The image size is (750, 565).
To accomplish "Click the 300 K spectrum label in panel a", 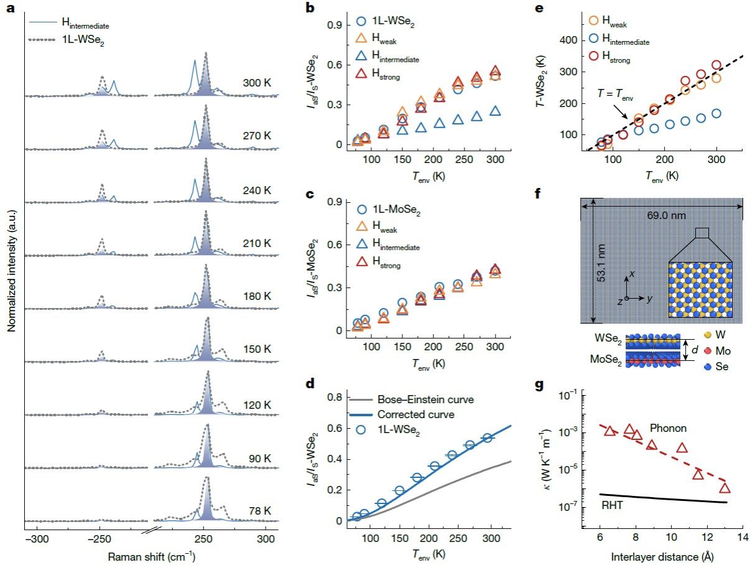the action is coord(257,83).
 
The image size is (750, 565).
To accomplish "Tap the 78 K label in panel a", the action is coord(260,511).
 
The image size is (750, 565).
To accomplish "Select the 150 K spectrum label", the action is coord(257,349).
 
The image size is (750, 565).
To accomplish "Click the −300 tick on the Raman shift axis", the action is coord(37,539).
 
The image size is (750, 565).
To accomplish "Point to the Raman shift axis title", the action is coord(152,557).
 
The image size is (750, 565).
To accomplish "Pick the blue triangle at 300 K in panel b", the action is coord(495,111).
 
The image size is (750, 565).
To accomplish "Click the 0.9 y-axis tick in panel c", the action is coord(335,202).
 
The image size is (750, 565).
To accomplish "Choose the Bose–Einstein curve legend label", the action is coord(425,399).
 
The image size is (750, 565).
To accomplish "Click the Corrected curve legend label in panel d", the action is coord(416,414).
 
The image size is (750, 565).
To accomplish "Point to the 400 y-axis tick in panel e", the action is coord(568,40).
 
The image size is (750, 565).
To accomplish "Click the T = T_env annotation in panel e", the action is coord(615,94).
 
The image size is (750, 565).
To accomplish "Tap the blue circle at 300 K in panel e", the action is coord(716,113).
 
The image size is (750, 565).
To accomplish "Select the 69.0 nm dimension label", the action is coord(666,215).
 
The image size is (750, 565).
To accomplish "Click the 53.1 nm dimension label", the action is coord(601,263).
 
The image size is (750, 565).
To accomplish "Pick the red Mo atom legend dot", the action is coord(707,351).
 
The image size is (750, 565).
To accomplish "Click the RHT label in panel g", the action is coord(612,505).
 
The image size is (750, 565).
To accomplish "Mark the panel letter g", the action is coord(539,386).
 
